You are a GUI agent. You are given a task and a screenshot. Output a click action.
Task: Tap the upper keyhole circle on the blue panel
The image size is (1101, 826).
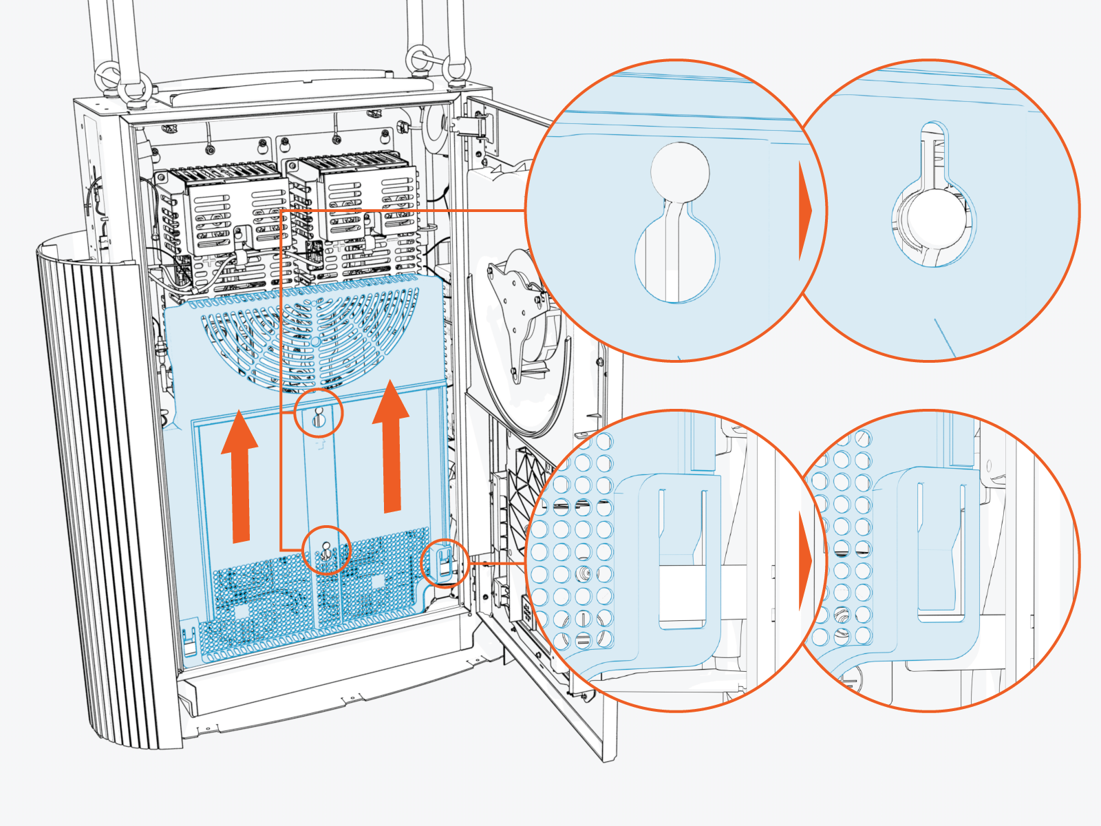[x=318, y=413]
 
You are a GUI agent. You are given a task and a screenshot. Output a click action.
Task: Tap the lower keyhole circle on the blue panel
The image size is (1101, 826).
[x=326, y=550]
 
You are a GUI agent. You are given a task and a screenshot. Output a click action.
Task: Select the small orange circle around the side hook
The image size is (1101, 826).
[x=445, y=563]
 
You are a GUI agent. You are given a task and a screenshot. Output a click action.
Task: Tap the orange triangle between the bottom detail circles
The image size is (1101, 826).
[x=805, y=561]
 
